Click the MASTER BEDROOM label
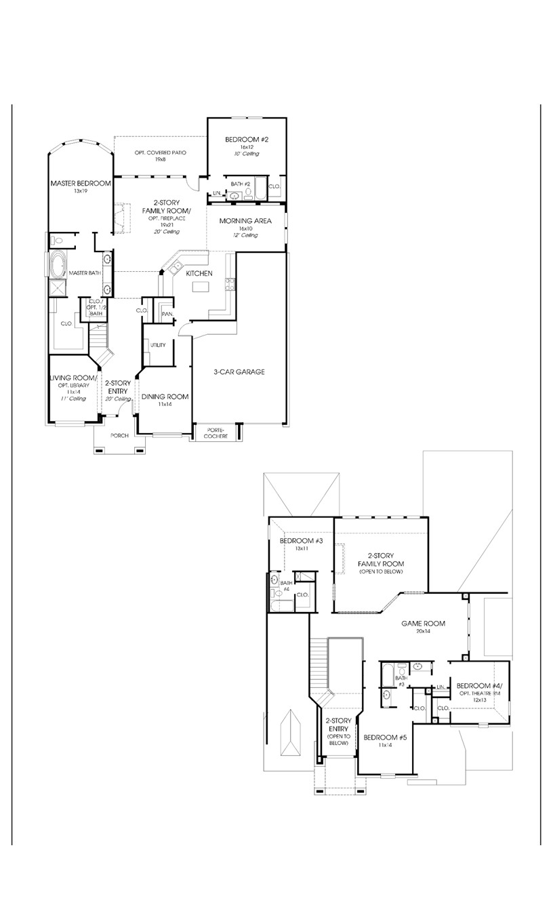[x=79, y=183]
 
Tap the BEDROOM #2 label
[x=247, y=140]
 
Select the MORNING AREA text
[x=245, y=221]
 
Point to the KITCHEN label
[x=199, y=273]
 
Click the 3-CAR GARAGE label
[x=239, y=371]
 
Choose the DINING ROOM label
[x=165, y=397]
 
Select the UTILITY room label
[x=158, y=345]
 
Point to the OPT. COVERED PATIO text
[x=160, y=152]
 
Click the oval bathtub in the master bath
[x=57, y=265]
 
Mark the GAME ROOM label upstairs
[x=423, y=624]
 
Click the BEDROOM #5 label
[x=384, y=737]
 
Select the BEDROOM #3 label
[x=302, y=541]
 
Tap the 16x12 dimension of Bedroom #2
[x=246, y=147]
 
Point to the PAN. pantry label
[x=166, y=314]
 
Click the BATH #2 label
[x=241, y=184]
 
